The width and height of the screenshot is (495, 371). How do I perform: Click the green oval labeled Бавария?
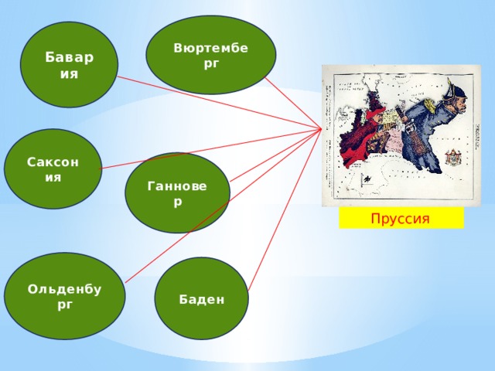[x=69, y=65]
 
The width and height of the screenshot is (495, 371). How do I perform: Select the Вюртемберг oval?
[x=211, y=55]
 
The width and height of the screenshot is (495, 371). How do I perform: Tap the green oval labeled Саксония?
[x=53, y=168]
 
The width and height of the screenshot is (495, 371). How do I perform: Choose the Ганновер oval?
[x=177, y=192]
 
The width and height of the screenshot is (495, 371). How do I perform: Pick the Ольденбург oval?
[x=65, y=296]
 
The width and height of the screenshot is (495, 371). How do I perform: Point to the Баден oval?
[x=201, y=298]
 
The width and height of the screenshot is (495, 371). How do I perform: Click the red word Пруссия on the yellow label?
[x=401, y=218]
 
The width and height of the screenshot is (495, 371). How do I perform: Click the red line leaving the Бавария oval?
[x=220, y=103]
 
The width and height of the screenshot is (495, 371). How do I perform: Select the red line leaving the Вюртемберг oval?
[x=293, y=103]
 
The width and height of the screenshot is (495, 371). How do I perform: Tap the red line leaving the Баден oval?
[x=285, y=209]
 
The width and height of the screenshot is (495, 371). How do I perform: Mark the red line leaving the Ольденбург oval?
[x=224, y=206]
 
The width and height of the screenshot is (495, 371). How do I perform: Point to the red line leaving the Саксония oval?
[x=211, y=149]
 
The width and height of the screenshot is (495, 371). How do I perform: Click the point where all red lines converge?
[x=322, y=129]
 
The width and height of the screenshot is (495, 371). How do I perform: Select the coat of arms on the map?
[x=453, y=157]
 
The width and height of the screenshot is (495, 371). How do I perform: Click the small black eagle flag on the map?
[x=367, y=180]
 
